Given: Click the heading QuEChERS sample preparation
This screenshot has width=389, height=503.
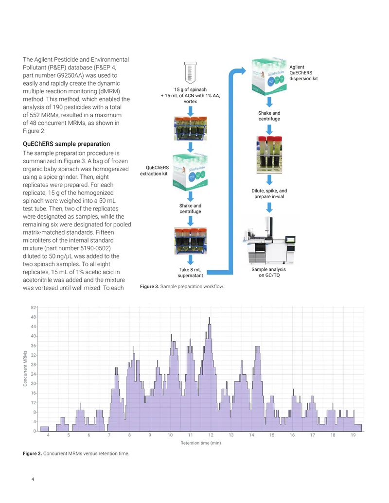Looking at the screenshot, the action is [67, 144].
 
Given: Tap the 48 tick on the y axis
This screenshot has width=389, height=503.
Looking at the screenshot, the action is [34, 317].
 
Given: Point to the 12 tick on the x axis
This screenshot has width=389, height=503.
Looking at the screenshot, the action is [211, 435].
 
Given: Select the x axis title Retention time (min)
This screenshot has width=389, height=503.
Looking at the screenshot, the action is [201, 443].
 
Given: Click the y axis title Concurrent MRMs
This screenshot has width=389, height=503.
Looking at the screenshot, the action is [25, 368].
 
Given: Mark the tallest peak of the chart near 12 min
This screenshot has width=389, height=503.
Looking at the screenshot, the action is [210, 317].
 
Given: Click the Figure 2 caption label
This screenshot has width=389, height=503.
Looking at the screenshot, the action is [32, 453].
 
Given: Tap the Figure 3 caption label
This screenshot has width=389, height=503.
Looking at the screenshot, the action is [149, 286].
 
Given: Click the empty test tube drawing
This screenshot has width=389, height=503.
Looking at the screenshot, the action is [190, 73].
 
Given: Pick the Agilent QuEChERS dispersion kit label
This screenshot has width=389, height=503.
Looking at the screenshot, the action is [303, 73].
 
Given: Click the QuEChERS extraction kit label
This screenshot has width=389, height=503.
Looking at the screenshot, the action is [154, 171].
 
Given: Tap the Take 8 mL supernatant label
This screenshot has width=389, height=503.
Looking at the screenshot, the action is [190, 273].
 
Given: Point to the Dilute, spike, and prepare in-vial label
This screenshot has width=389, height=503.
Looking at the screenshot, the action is [269, 194].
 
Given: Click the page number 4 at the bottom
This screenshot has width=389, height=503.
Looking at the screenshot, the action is [33, 479].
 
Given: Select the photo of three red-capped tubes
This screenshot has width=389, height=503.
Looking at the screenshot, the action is [269, 155].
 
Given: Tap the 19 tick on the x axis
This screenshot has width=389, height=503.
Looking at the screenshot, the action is [353, 435].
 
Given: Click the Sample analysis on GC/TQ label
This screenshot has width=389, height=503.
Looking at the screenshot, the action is [269, 272].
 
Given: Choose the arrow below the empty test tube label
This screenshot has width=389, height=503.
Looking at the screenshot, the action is [190, 111].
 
